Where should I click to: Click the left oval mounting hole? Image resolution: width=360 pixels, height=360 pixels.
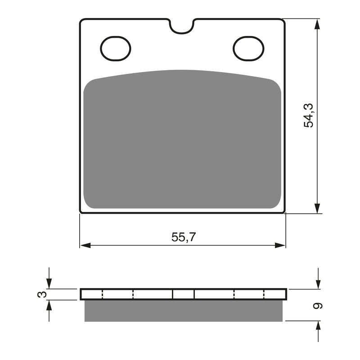tap(116, 48)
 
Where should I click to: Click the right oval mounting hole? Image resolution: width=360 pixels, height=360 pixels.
tap(248, 48)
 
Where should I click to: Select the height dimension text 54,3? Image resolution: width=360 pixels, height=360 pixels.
tap(309, 115)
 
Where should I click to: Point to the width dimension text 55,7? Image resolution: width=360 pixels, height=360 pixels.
tap(183, 237)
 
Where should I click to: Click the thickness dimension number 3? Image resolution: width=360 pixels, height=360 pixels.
tap(42, 294)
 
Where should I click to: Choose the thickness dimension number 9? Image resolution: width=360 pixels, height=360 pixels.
tap(318, 306)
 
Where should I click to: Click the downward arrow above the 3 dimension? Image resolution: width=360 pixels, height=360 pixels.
tap(49, 283)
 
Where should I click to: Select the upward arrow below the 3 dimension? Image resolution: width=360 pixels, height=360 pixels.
tap(49, 306)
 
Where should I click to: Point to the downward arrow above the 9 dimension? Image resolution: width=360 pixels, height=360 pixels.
tap(318, 283)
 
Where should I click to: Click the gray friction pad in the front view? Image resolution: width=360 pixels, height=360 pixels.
tap(182, 142)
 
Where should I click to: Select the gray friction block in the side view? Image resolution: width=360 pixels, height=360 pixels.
tap(184, 310)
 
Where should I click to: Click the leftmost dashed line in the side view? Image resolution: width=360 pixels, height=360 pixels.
tap(103, 294)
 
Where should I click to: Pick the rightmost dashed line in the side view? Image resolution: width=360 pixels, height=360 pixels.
tap(264, 294)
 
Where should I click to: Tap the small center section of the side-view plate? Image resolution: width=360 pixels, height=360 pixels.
tap(184, 294)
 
